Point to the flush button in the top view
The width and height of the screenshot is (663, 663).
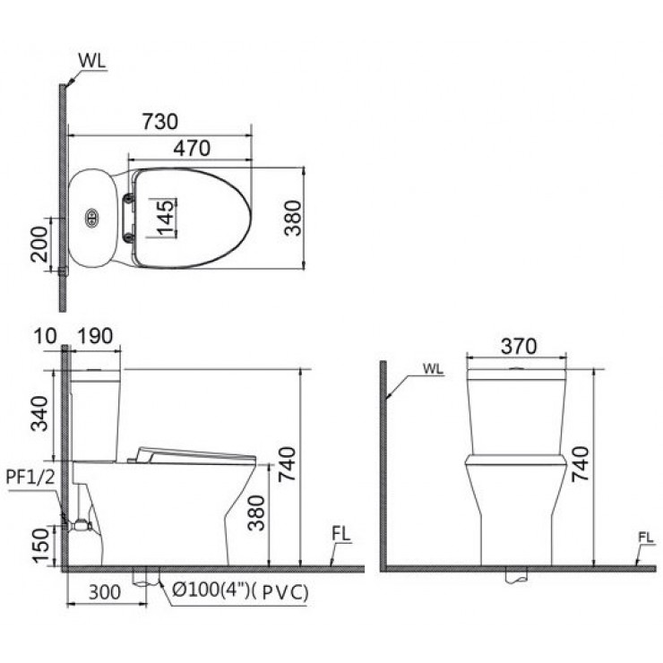click(90, 217)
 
